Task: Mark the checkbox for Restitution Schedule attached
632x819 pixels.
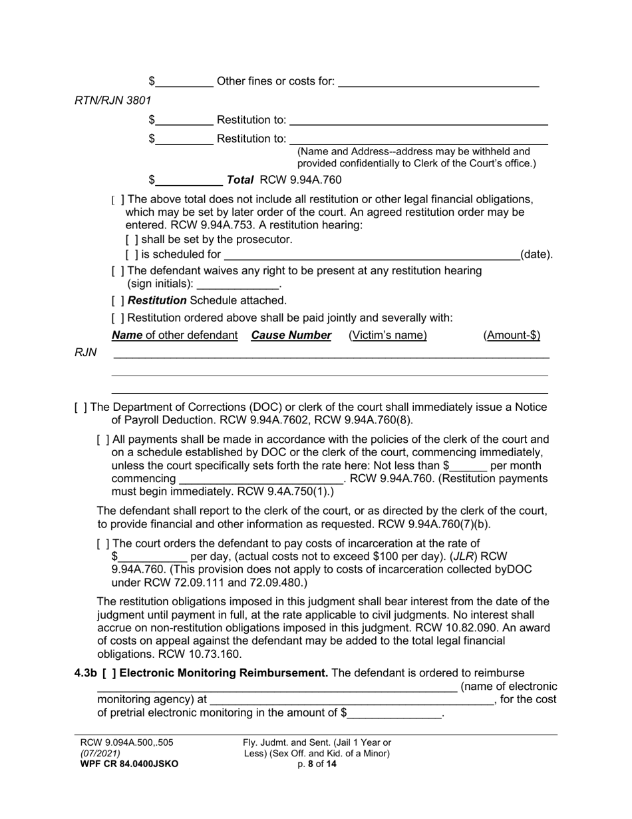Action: coord(117,300)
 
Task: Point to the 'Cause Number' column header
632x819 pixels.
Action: coord(291,336)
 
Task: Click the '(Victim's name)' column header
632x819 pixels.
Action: coord(387,336)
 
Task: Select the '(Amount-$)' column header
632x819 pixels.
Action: coord(512,336)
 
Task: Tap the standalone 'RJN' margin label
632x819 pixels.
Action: coord(86,353)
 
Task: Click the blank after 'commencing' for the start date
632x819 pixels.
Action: coord(260,479)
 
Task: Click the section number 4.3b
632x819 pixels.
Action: coord(85,673)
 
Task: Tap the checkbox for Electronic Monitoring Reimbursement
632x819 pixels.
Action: coord(108,673)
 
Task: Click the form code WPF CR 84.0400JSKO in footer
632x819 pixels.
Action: coord(129,764)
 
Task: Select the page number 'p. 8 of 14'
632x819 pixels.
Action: coord(317,764)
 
